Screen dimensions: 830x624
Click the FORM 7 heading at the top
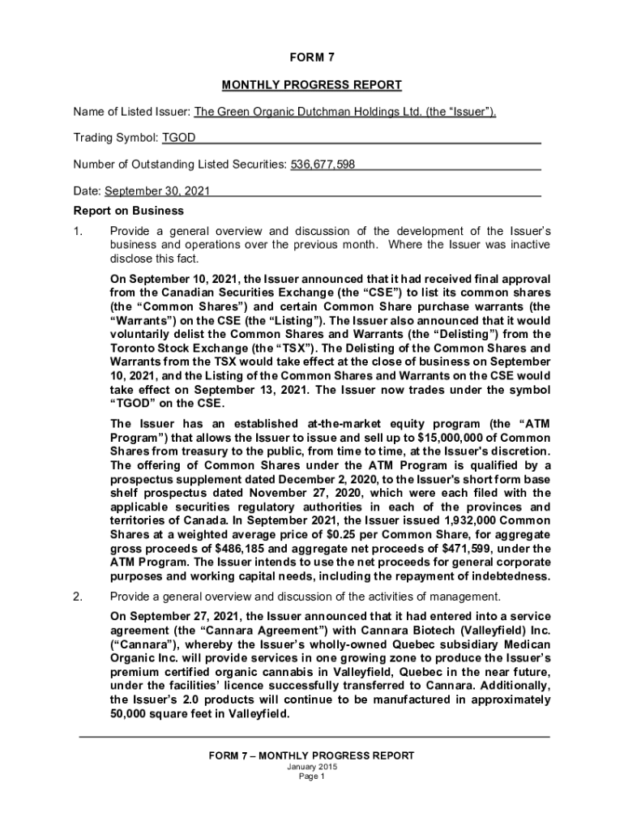(312, 57)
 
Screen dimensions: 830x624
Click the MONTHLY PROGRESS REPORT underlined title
(312, 84)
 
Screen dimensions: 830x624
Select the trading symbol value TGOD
(178, 139)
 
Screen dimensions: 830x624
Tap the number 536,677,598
(323, 165)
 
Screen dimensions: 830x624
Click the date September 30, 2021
(157, 192)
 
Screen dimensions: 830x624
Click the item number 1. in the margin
(78, 230)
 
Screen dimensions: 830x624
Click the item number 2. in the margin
(78, 597)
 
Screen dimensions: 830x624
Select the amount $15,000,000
(455, 437)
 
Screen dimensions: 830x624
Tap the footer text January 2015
(312, 767)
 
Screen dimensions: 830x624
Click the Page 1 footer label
(312, 777)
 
